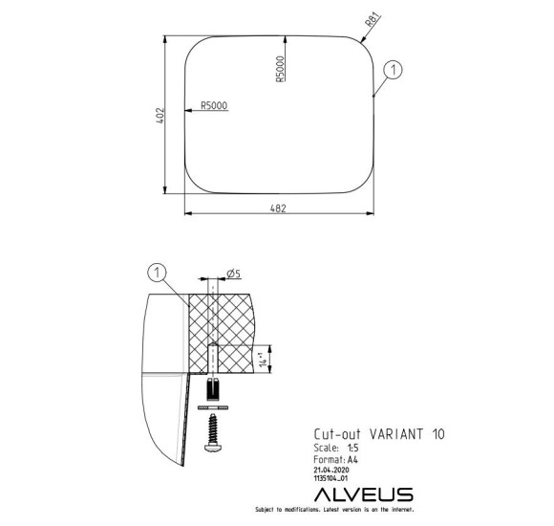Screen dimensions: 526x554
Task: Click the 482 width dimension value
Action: pyautogui.click(x=276, y=206)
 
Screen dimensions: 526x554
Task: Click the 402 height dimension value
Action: pyautogui.click(x=162, y=114)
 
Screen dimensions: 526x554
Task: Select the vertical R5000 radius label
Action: pyautogui.click(x=280, y=68)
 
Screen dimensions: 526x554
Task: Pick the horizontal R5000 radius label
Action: pyautogui.click(x=214, y=106)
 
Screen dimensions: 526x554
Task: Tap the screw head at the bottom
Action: pyautogui.click(x=211, y=445)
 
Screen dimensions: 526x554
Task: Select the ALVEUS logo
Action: pyautogui.click(x=364, y=494)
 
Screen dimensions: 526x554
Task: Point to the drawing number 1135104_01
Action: pyautogui.click(x=333, y=479)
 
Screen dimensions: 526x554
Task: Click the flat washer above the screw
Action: pyautogui.click(x=211, y=407)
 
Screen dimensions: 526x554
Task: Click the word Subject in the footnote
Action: pyautogui.click(x=264, y=511)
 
